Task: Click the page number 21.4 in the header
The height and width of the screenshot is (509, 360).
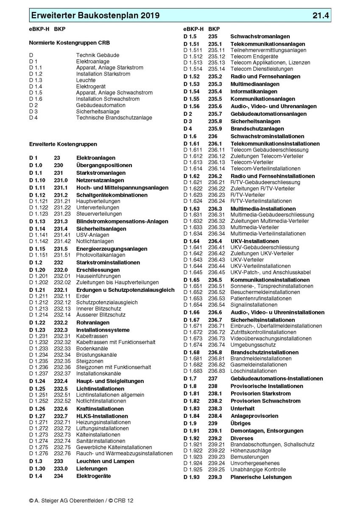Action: (321, 16)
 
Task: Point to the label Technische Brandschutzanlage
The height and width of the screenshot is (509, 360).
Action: (114, 117)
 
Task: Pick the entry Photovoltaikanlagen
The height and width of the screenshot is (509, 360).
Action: (100, 255)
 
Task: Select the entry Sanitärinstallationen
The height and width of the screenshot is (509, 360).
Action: (100, 441)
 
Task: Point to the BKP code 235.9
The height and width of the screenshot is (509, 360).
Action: (215, 129)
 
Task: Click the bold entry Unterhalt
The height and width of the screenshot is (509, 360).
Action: (243, 408)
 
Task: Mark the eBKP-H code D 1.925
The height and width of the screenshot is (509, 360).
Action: (193, 470)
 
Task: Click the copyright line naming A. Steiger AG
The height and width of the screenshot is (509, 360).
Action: (81, 501)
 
